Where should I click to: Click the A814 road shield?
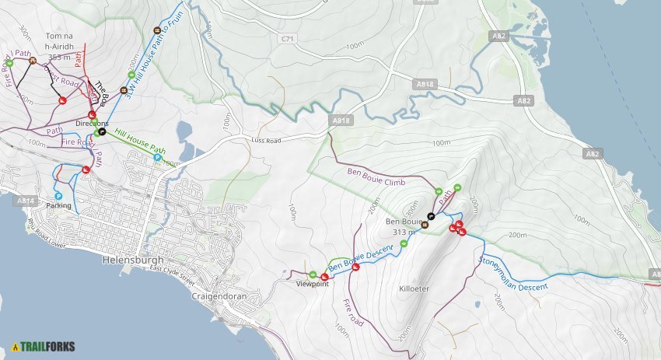[25, 200]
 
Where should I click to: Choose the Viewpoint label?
[313, 284]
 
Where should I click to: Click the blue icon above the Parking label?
[58, 196]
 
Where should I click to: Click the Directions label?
[92, 124]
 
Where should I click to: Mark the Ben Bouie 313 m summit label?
[402, 225]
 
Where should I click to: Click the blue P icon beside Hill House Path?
[157, 158]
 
